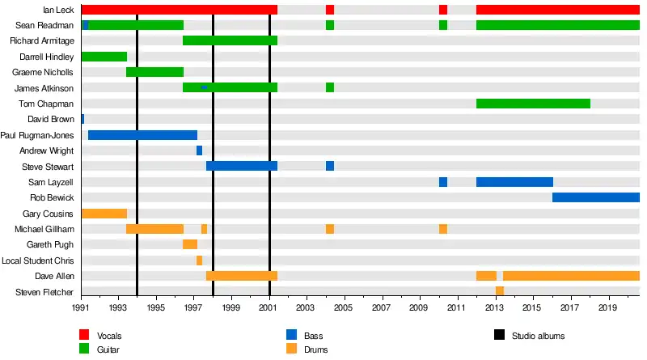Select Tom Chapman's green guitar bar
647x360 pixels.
(x=533, y=104)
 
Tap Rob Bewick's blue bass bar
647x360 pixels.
(x=595, y=197)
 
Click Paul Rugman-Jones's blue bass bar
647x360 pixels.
(x=142, y=135)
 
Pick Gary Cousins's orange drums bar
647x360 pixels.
(x=104, y=214)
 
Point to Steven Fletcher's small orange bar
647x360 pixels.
(x=500, y=291)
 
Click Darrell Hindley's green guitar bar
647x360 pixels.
(x=104, y=57)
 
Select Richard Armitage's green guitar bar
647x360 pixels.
(x=230, y=40)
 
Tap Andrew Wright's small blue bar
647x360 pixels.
(x=199, y=150)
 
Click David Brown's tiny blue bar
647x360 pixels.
(x=82, y=119)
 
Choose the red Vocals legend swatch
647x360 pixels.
(x=84, y=335)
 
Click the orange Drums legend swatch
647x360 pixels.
(x=291, y=349)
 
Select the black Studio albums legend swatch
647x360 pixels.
(x=498, y=335)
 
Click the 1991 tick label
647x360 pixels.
(x=81, y=308)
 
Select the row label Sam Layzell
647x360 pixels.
(x=51, y=182)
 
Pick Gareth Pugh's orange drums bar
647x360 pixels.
(x=190, y=244)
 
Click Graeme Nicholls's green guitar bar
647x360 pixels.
(x=154, y=72)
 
